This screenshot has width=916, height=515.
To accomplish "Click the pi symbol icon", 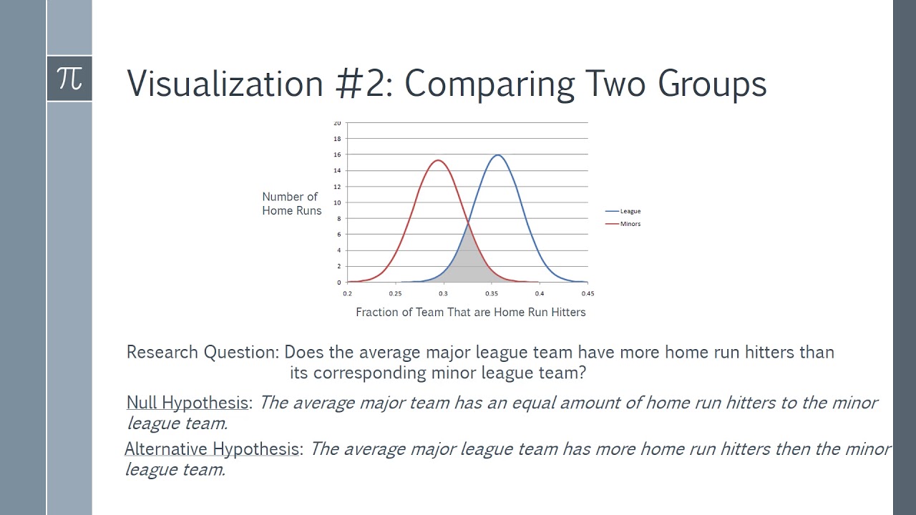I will point(69,78).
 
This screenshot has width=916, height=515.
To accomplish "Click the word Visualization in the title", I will point(225,84).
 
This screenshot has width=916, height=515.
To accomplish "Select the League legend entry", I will point(630,211).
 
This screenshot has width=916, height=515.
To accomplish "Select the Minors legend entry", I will point(630,224).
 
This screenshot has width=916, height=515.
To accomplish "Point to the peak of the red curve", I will point(438,160).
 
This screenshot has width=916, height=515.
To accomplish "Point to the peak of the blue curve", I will point(497,155).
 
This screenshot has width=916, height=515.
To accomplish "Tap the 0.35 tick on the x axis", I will point(492,293).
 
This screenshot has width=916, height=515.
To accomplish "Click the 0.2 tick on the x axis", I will point(348,293).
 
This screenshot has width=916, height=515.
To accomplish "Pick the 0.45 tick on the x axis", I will point(588,293).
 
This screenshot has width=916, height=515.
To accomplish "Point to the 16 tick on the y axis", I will point(338,154).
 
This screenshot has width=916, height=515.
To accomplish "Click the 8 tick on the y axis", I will point(338,218).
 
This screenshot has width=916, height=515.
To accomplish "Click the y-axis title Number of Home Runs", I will point(291,204).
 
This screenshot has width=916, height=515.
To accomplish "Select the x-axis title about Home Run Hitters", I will point(470,313).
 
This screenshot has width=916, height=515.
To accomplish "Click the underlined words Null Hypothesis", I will point(187,403).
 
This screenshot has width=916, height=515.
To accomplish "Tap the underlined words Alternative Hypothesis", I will point(213,449).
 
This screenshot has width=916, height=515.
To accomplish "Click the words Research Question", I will point(201,353).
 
